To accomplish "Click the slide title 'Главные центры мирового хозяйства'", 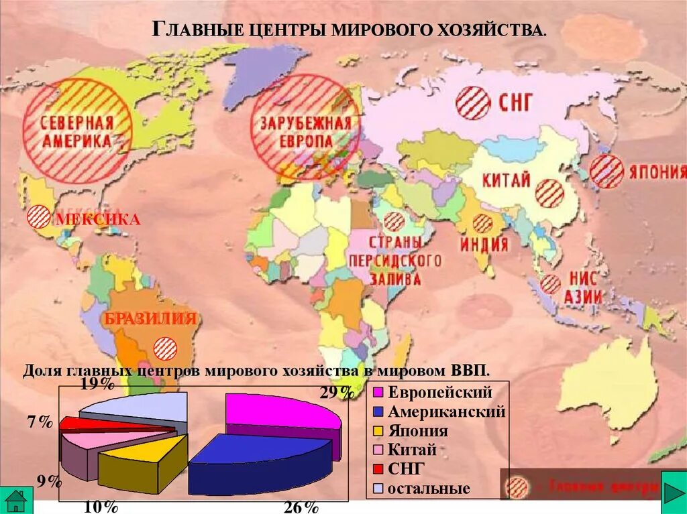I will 350,29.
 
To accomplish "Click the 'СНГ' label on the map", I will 515,103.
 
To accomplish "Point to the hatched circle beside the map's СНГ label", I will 473,103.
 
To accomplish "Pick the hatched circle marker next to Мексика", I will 38,218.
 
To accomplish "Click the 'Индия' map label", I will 484,245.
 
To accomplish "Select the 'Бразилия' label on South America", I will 150,318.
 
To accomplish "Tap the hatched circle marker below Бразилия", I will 165,348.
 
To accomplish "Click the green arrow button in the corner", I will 674,487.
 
